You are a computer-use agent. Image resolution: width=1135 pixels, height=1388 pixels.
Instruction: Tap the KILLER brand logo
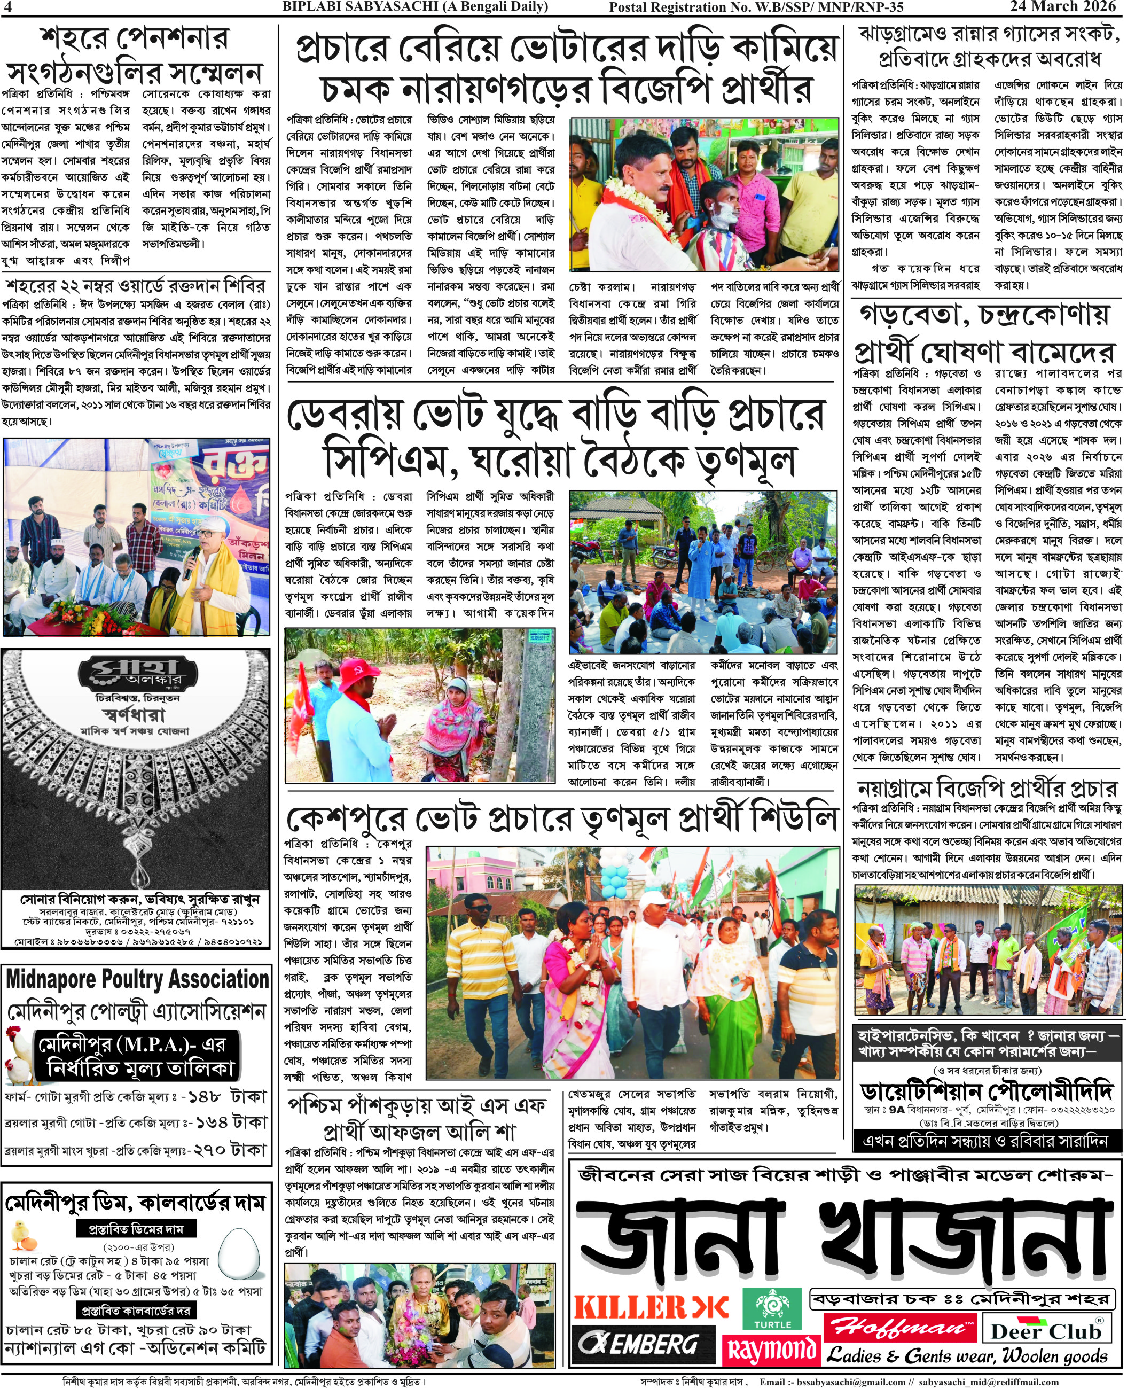[x=651, y=1307]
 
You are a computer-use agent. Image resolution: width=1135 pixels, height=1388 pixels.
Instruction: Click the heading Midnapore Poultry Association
[x=137, y=979]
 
